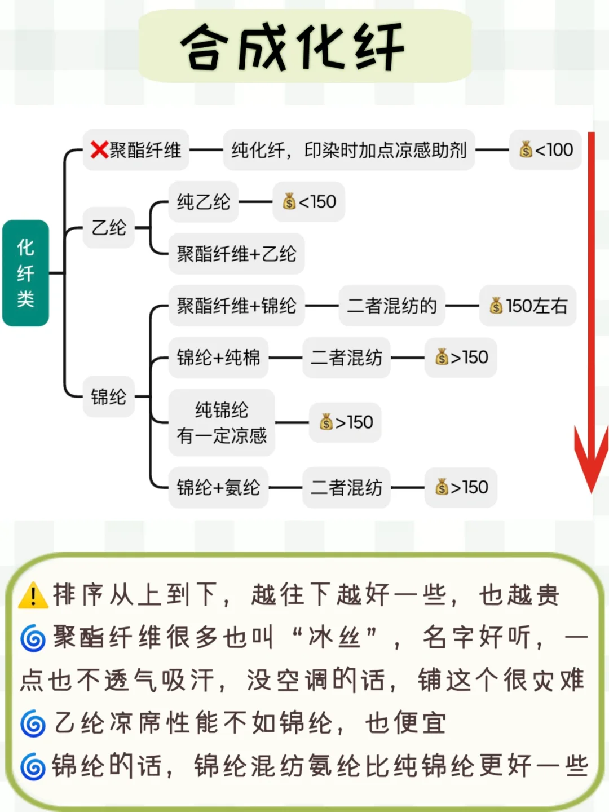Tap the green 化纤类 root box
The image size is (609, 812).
coord(25,273)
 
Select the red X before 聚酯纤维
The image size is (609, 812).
coord(99,149)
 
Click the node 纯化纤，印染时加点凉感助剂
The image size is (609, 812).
coord(348,150)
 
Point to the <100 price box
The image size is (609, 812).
coord(545,150)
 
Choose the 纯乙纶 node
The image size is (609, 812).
coord(203,202)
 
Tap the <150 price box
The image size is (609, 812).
coord(309,202)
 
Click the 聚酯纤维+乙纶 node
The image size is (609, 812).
coord(236,254)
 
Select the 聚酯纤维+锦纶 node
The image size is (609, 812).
coord(236,306)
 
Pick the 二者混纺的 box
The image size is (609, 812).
coord(392,306)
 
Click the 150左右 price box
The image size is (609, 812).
coord(528,306)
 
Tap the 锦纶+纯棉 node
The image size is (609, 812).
coord(218,358)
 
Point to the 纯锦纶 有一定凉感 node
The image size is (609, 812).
coord(222,422)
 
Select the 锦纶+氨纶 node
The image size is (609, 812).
coord(218,487)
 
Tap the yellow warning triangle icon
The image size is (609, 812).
coord(33,595)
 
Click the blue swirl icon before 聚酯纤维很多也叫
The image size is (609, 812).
coord(33,639)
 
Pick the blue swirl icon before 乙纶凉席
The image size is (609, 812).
coord(33,723)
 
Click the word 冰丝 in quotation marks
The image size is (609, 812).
coord(334,638)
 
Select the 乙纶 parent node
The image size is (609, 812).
coord(109,228)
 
